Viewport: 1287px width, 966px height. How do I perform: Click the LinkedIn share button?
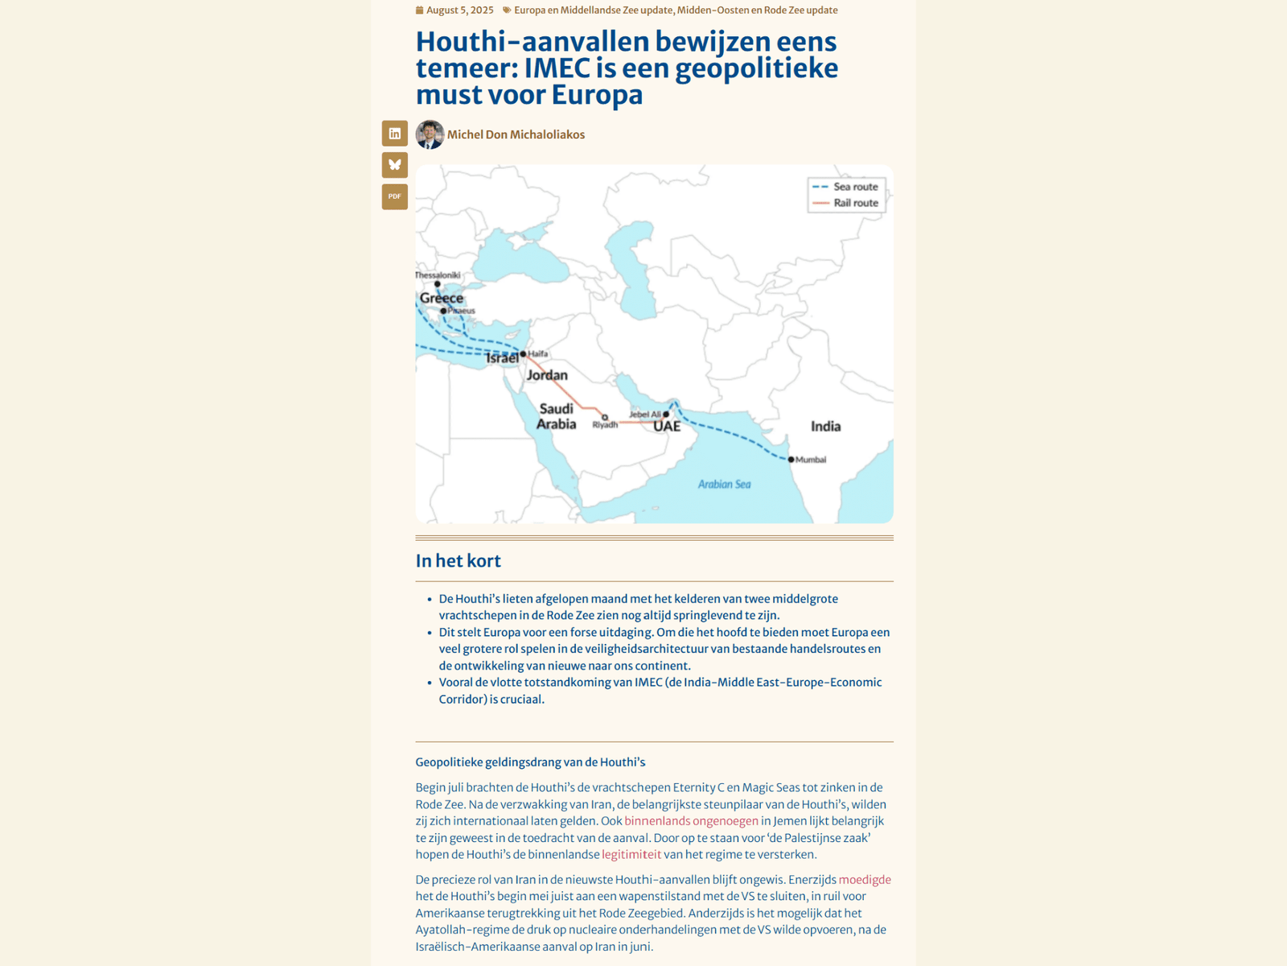(394, 134)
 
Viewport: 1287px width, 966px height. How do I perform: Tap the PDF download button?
(394, 196)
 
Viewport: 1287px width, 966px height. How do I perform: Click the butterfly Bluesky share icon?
(394, 165)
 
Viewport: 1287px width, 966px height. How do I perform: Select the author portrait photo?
(430, 134)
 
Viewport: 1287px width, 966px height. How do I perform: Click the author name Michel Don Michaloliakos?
(516, 134)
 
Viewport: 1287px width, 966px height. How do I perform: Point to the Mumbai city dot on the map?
(791, 460)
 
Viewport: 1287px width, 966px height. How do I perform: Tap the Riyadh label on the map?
(605, 425)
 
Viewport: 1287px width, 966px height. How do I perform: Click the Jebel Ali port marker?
(666, 415)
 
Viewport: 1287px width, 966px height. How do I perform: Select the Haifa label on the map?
(538, 353)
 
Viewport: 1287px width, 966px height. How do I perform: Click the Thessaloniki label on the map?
(438, 275)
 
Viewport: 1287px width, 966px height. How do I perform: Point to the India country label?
(825, 427)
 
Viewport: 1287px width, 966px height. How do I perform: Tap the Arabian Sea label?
(724, 485)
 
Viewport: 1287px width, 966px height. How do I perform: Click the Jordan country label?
(547, 375)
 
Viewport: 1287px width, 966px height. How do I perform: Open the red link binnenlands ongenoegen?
(691, 821)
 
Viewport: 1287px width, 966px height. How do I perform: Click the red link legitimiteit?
(631, 854)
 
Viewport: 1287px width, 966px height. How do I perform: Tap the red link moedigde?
(865, 880)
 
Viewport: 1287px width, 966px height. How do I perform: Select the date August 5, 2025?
(459, 10)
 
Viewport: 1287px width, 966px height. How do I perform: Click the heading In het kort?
(458, 561)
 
